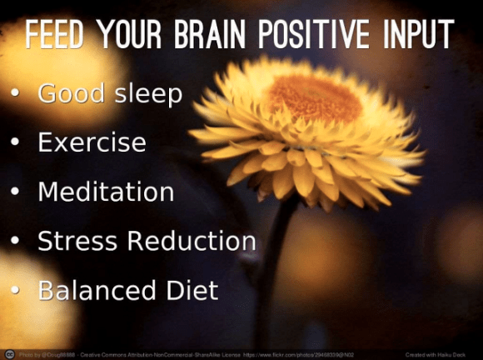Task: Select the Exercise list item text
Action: click(x=92, y=142)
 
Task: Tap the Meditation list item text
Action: click(x=106, y=192)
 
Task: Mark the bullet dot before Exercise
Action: click(x=15, y=142)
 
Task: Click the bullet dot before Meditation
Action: click(x=15, y=192)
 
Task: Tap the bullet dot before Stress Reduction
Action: click(x=15, y=242)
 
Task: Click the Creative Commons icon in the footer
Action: click(x=9, y=353)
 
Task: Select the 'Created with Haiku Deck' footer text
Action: click(x=446, y=354)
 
